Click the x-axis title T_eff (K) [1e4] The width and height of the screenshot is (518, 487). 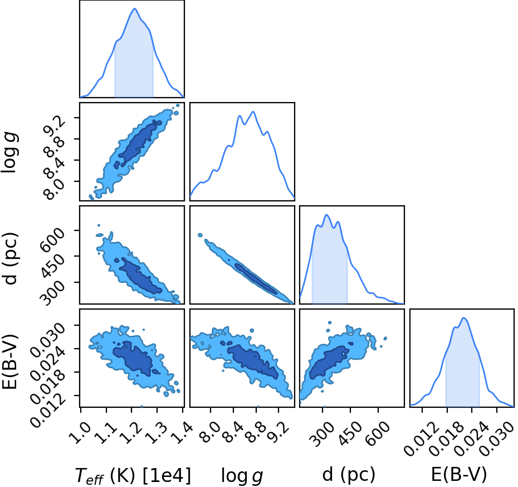[133, 476]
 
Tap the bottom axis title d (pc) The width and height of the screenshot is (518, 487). [349, 475]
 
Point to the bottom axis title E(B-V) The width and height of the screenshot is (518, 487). [459, 474]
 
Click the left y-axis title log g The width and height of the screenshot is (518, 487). [9, 152]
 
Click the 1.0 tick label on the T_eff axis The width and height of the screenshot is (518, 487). [81, 432]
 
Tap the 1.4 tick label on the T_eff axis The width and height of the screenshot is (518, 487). [183, 432]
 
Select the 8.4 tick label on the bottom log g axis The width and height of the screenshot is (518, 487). [233, 432]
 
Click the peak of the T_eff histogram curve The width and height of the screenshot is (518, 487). [134, 8]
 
